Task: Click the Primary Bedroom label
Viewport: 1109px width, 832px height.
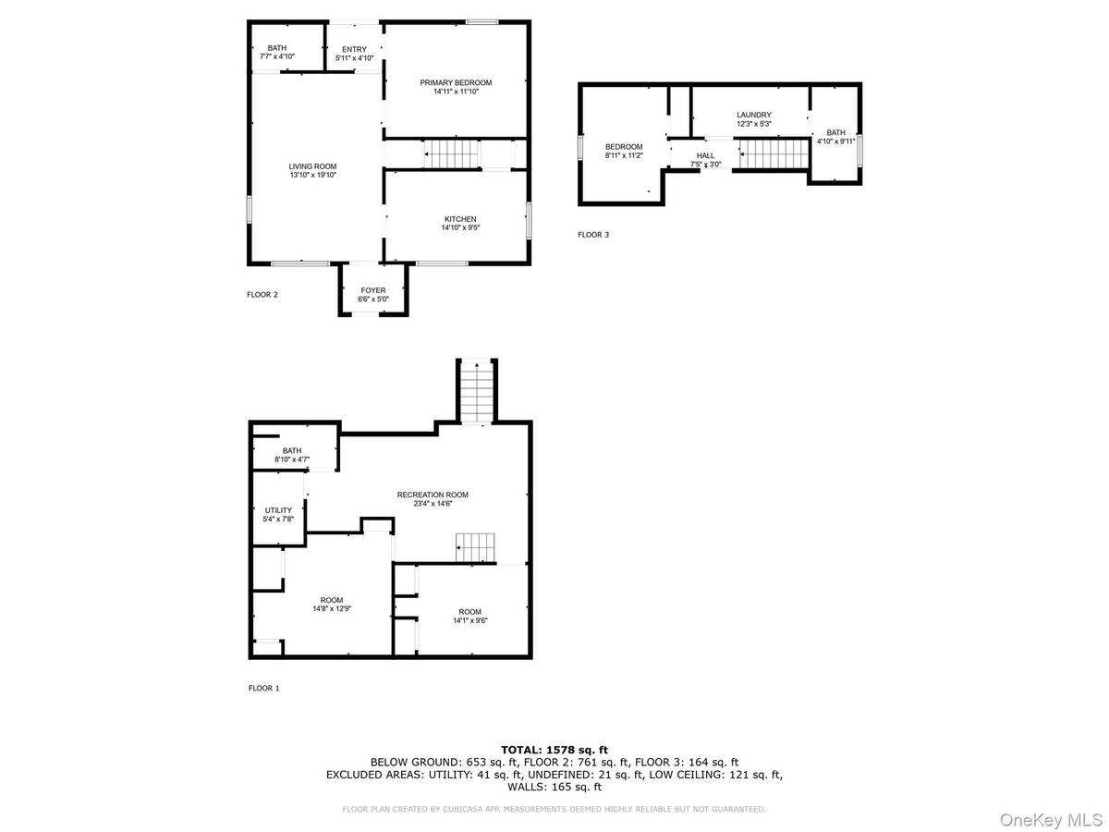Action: (x=456, y=82)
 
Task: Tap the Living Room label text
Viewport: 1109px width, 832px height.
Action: (x=312, y=166)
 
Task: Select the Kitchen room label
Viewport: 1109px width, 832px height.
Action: (x=459, y=219)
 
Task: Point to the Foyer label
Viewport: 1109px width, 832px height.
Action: (x=372, y=290)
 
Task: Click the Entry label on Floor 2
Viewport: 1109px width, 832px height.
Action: (x=354, y=49)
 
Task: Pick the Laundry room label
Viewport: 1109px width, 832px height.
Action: (x=753, y=115)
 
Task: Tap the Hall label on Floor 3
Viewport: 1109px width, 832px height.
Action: (x=705, y=155)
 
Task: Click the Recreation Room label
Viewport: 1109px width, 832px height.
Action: (x=432, y=495)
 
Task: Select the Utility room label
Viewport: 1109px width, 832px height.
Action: (x=278, y=510)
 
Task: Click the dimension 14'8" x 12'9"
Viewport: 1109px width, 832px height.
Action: (x=332, y=608)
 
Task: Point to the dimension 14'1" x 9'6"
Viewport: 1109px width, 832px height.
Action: (x=469, y=620)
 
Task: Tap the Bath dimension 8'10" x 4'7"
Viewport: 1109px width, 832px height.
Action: (x=291, y=459)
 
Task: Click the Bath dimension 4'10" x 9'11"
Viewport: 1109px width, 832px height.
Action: (x=835, y=141)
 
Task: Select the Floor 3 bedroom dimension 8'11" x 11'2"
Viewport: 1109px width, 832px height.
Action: (x=624, y=155)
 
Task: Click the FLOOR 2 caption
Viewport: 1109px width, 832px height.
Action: (x=262, y=295)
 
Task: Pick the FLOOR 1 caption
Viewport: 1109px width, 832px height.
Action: (x=263, y=688)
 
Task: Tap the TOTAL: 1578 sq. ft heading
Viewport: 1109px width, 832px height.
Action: (x=554, y=750)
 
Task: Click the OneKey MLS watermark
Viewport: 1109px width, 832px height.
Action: (x=1051, y=820)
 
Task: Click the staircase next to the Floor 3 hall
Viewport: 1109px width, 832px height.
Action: (x=774, y=154)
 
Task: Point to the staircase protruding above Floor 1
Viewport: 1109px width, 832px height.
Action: (x=477, y=391)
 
